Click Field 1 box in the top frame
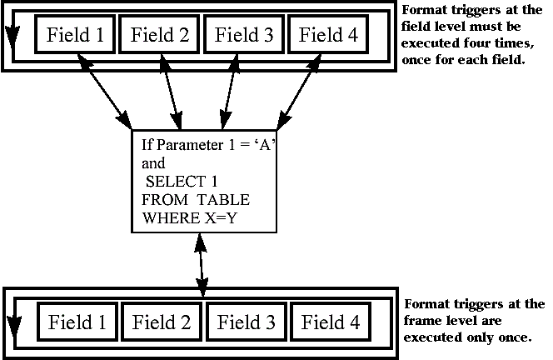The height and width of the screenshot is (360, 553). [x=76, y=35]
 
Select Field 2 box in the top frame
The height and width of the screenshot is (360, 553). [x=161, y=35]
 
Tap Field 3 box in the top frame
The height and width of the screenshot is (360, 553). [x=245, y=35]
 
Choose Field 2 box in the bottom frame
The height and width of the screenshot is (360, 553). [x=162, y=322]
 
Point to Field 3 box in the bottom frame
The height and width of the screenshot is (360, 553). [x=247, y=322]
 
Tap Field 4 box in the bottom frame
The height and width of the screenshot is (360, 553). [x=331, y=322]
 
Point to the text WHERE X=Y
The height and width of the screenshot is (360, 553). [x=190, y=219]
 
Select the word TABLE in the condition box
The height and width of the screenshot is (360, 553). [x=223, y=201]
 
